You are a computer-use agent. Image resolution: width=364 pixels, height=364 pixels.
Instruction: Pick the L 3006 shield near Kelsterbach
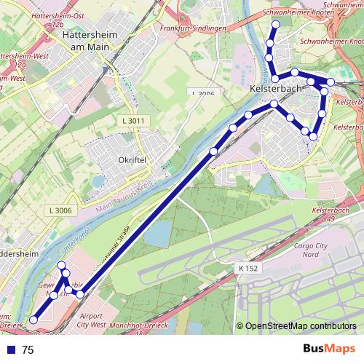(203, 93)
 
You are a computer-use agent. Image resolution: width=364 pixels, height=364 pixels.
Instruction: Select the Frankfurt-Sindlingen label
(191, 28)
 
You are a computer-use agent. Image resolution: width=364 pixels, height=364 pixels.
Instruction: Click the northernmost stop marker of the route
(275, 25)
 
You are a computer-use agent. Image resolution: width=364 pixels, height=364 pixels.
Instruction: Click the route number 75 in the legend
(28, 350)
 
